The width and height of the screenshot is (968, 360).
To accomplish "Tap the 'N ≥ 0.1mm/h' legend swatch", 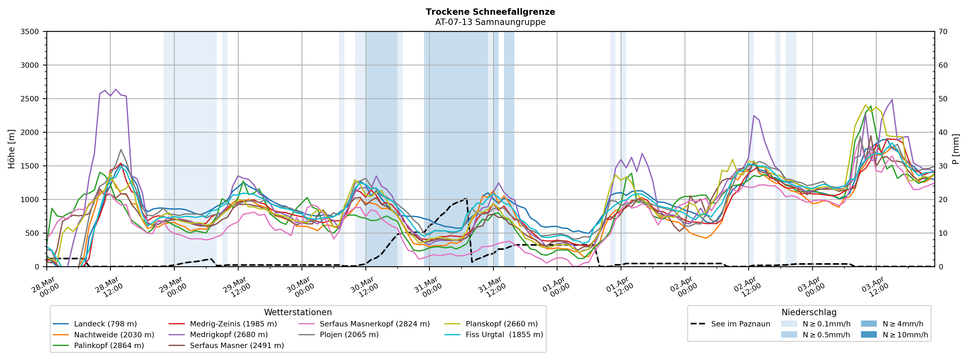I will [789, 324].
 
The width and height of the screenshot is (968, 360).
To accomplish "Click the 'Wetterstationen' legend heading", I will [298, 313].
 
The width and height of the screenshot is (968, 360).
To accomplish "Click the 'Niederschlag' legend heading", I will [809, 313].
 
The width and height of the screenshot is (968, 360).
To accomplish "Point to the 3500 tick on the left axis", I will [30, 32].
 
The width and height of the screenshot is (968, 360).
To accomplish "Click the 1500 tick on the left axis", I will [30, 166].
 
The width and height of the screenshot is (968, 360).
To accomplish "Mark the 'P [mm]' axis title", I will [956, 149].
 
